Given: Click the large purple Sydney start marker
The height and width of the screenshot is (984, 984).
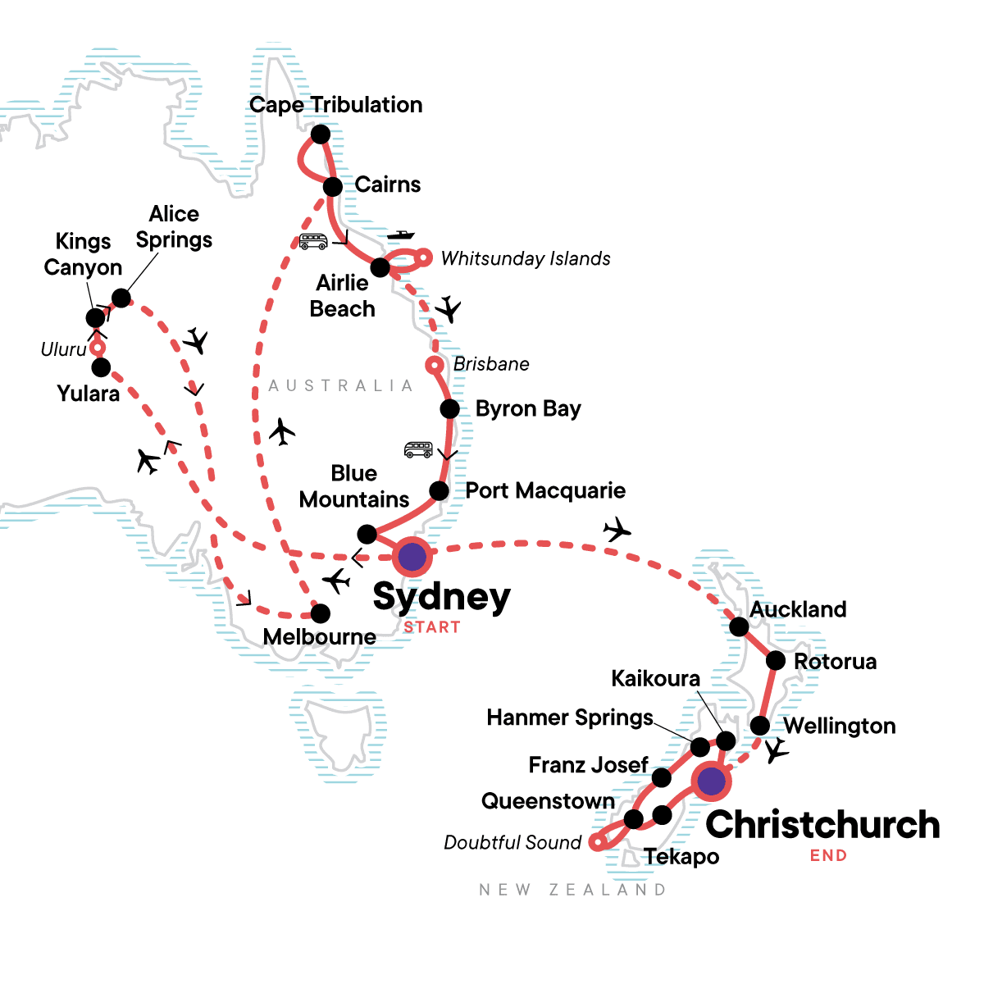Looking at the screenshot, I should pyautogui.click(x=412, y=558).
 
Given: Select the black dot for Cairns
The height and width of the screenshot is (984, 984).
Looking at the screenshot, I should pyautogui.click(x=333, y=187).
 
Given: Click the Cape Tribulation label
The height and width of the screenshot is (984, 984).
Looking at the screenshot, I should pyautogui.click(x=336, y=105).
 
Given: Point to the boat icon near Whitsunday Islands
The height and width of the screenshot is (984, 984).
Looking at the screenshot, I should pyautogui.click(x=401, y=235).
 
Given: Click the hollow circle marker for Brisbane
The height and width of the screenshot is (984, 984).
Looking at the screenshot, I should pyautogui.click(x=435, y=365).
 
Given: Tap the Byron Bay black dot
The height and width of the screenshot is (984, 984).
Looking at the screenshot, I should pyautogui.click(x=449, y=408).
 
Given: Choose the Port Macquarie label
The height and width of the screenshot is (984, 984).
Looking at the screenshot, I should pyautogui.click(x=545, y=490).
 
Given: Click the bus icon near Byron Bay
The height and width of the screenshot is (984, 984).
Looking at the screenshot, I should pyautogui.click(x=418, y=449).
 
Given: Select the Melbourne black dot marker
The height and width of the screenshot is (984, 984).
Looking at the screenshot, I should pyautogui.click(x=321, y=613).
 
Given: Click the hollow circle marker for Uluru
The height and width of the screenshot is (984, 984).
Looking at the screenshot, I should pyautogui.click(x=98, y=348).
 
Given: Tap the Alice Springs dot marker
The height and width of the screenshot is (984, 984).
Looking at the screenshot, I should pyautogui.click(x=121, y=298).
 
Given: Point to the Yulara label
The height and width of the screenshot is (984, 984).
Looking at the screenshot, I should pyautogui.click(x=89, y=394).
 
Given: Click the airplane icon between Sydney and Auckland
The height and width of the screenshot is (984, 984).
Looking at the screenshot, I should pyautogui.click(x=617, y=530).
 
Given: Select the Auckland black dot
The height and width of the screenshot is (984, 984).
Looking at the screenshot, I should pyautogui.click(x=739, y=626).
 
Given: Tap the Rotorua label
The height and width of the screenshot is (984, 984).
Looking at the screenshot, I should pyautogui.click(x=835, y=662).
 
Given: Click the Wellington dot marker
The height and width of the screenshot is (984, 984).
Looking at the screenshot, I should pyautogui.click(x=760, y=726).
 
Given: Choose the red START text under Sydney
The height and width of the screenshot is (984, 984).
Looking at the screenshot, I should pyautogui.click(x=432, y=627).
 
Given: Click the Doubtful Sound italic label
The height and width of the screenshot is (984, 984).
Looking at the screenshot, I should pyautogui.click(x=512, y=843).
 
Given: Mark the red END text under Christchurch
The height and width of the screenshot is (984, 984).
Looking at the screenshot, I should pyautogui.click(x=828, y=856).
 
